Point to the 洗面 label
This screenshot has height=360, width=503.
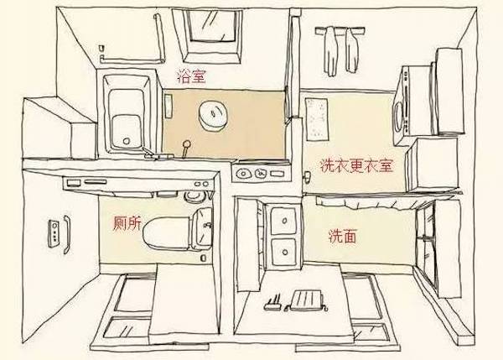pyautogui.click(x=342, y=237)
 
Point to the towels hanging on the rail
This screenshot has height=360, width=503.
pyautogui.click(x=340, y=49)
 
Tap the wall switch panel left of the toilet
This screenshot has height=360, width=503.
pyautogui.click(x=56, y=233)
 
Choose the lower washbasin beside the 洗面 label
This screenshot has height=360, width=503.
pyautogui.click(x=284, y=250)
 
